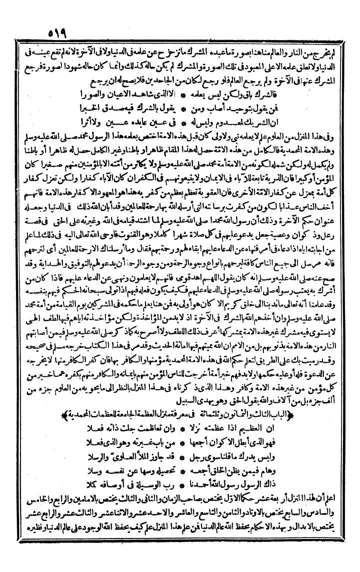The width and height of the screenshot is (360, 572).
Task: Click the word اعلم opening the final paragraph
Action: [x=340, y=507]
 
